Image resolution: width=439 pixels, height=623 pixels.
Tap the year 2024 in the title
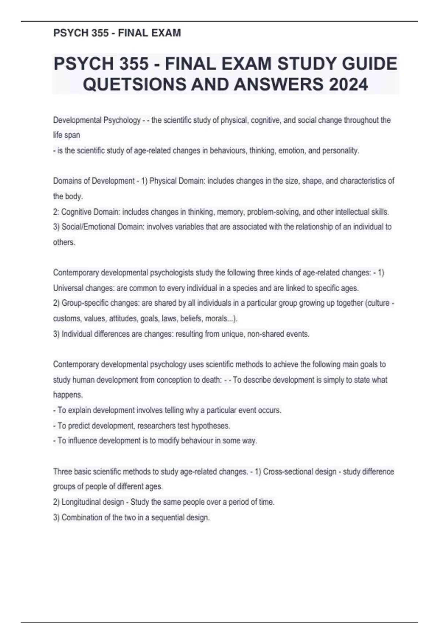tap(348, 85)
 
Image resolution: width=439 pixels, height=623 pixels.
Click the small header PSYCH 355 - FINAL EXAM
tap(117, 33)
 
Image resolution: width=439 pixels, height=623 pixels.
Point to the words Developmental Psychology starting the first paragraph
tap(97, 120)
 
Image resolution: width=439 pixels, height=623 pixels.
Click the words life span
tap(67, 135)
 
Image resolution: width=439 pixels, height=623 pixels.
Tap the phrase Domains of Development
tap(94, 181)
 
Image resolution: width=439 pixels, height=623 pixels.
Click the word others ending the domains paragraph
tap(64, 242)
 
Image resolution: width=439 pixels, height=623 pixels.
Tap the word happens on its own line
tap(68, 395)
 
